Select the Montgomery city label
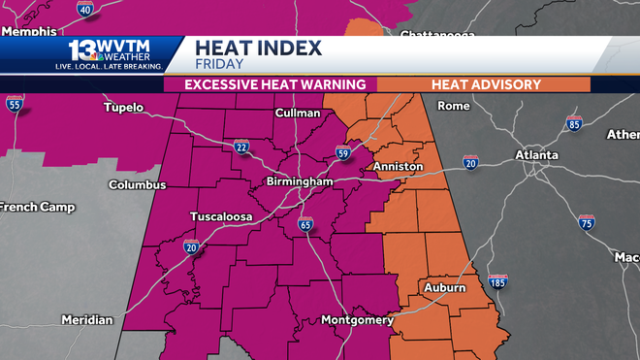point(358,319)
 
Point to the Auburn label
point(445,288)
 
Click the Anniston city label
point(399,166)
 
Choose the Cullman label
point(296,114)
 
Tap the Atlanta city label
point(537,154)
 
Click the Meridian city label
point(88,318)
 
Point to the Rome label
point(454,106)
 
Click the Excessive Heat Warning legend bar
point(270,84)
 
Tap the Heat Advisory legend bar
point(485,84)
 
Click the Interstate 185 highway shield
point(498,281)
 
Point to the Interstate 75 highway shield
point(586,223)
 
